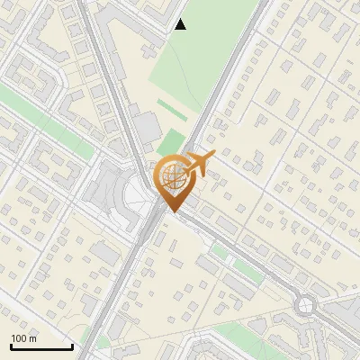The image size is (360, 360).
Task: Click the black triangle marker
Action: (x=181, y=24)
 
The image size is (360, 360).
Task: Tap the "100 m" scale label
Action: (x=24, y=338)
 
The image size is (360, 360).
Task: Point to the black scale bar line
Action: (x=41, y=347)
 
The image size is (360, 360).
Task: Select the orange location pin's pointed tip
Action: (x=174, y=211)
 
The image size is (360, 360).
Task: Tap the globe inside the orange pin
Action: (x=174, y=176)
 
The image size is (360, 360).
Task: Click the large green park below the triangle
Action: (x=193, y=63)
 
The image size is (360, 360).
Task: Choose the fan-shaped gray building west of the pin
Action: (x=109, y=191)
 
